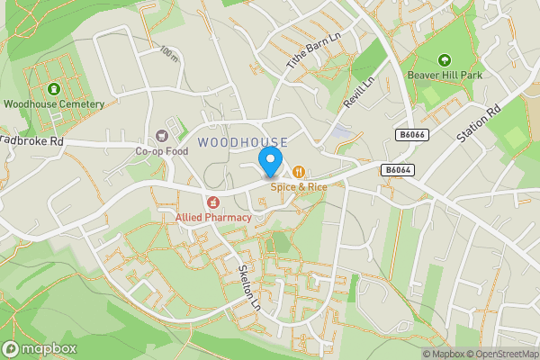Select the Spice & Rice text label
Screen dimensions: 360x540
click(298, 187)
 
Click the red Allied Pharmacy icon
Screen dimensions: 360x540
click(213, 203)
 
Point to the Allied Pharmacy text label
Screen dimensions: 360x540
click(213, 218)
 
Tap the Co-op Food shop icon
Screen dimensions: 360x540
click(162, 136)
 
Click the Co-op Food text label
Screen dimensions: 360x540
click(161, 151)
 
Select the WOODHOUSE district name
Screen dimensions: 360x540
click(242, 142)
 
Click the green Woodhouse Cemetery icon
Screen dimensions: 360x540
click(53, 89)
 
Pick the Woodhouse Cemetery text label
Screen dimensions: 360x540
click(53, 104)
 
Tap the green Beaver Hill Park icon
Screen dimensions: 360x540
click(444, 60)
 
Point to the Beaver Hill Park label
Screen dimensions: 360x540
click(444, 75)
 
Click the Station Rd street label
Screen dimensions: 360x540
click(477, 125)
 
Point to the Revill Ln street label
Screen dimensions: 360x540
click(358, 93)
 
